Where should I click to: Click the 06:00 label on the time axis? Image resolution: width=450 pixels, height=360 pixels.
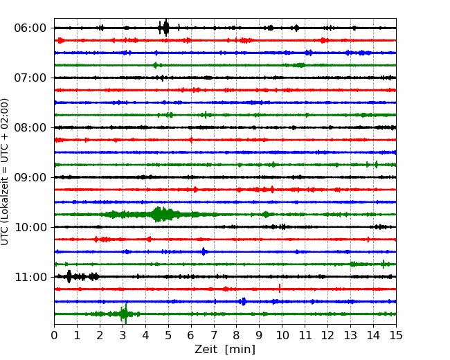30,28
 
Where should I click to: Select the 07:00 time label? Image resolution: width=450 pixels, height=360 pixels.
30,78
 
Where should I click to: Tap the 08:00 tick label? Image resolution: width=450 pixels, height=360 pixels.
30,127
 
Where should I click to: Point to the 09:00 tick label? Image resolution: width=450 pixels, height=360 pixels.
30,177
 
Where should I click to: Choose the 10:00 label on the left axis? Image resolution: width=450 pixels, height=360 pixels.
30,227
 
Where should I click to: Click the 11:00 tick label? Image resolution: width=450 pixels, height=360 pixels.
30,277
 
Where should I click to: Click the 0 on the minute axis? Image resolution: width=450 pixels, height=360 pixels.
54,335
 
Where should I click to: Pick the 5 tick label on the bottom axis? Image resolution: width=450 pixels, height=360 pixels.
168,335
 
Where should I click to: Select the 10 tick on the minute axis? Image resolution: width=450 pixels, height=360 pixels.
282,335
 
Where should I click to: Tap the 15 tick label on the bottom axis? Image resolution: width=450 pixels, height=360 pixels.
396,335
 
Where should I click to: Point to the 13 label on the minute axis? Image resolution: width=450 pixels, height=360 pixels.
350,335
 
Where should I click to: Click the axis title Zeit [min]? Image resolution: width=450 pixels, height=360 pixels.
225,350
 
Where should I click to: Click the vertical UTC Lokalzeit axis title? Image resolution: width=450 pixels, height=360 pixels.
5,172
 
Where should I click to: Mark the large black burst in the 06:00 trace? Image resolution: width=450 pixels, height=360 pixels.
166,28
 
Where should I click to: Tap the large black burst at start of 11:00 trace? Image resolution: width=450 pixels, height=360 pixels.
69,277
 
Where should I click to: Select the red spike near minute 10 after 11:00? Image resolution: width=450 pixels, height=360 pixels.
280,288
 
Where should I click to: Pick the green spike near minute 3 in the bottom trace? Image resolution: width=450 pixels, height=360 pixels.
124,314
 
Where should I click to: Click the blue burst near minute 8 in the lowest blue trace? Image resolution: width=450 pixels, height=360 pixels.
244,301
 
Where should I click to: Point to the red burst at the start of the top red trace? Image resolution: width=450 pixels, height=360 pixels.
60,40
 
